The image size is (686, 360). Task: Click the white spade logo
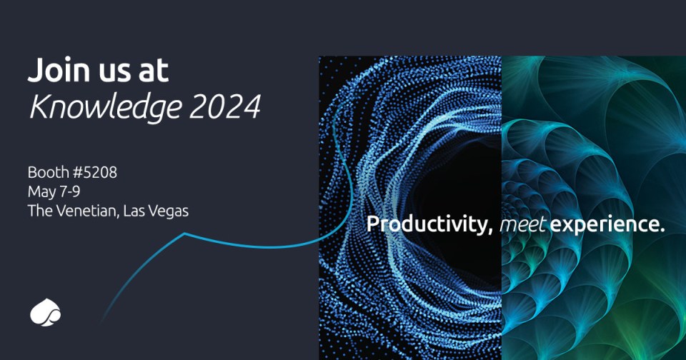pyautogui.click(x=46, y=312)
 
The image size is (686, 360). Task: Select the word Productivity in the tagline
pyautogui.click(x=427, y=224)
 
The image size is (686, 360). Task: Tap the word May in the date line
pyautogui.click(x=39, y=191)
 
